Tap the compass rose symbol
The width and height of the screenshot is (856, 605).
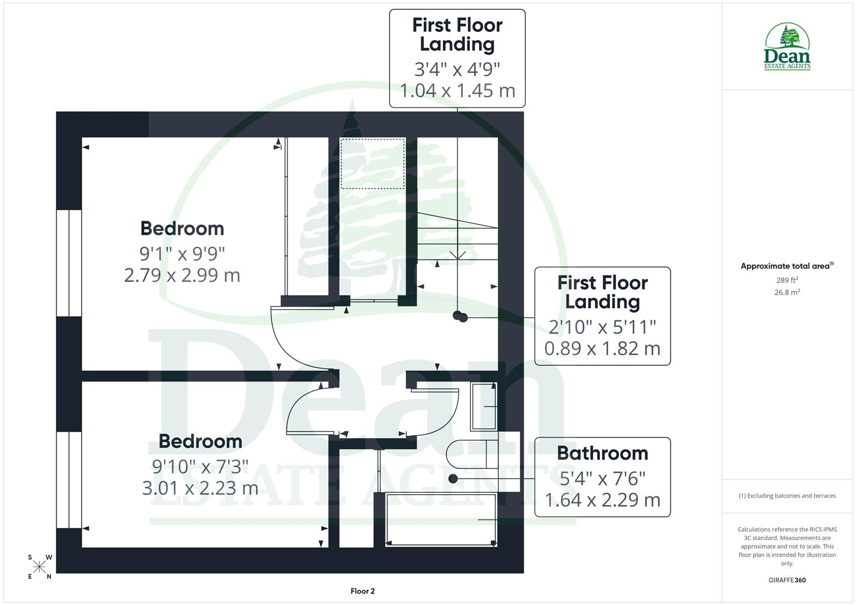point(39,567)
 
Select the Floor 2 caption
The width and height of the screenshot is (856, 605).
point(362,591)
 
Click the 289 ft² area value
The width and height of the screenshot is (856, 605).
point(786,280)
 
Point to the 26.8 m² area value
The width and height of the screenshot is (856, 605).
point(786,292)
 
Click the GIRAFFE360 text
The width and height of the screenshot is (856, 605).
point(786,580)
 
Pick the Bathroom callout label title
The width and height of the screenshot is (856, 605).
point(602,453)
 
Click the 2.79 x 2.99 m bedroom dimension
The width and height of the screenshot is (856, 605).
point(182,275)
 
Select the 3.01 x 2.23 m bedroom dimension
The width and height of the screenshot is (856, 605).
point(200,488)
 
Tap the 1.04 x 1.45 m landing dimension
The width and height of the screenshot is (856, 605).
point(457,90)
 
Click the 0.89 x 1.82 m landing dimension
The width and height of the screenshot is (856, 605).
point(602,348)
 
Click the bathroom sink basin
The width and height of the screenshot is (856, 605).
point(484,406)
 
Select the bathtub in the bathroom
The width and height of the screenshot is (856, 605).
point(441,519)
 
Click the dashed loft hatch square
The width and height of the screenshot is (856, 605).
point(373,164)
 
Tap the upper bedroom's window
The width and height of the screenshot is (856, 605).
point(69,263)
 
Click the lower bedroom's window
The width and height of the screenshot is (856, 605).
point(69,480)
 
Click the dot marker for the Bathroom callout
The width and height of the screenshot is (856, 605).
point(453,478)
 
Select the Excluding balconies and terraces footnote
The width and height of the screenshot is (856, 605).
point(786,496)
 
